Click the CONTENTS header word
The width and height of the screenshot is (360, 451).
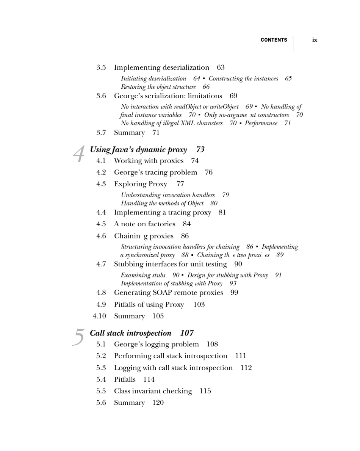click(x=274, y=40)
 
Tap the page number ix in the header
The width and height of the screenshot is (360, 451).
click(x=315, y=40)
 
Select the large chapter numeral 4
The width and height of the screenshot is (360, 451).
click(x=79, y=154)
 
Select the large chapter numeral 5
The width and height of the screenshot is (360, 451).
click(x=78, y=337)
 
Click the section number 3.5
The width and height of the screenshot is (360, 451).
click(x=101, y=67)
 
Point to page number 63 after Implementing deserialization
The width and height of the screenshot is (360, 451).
click(x=221, y=67)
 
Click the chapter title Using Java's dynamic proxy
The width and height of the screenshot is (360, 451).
click(x=138, y=150)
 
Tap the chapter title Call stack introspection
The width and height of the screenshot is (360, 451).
click(x=130, y=333)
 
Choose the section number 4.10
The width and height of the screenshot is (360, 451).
click(x=99, y=316)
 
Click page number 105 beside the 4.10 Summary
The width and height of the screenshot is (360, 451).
click(x=158, y=316)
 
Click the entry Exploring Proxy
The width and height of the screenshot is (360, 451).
click(x=140, y=184)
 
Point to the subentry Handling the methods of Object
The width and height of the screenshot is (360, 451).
click(x=162, y=203)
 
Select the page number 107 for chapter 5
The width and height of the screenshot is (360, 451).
click(x=187, y=333)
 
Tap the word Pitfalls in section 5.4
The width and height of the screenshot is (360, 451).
click(x=125, y=379)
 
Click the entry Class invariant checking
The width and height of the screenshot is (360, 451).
click(x=153, y=391)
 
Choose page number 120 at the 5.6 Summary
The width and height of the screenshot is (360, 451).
click(x=158, y=402)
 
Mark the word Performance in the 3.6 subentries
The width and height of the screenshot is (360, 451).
click(x=261, y=123)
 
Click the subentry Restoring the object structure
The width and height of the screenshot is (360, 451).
click(x=158, y=87)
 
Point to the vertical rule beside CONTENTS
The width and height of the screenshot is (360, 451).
click(x=293, y=44)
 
